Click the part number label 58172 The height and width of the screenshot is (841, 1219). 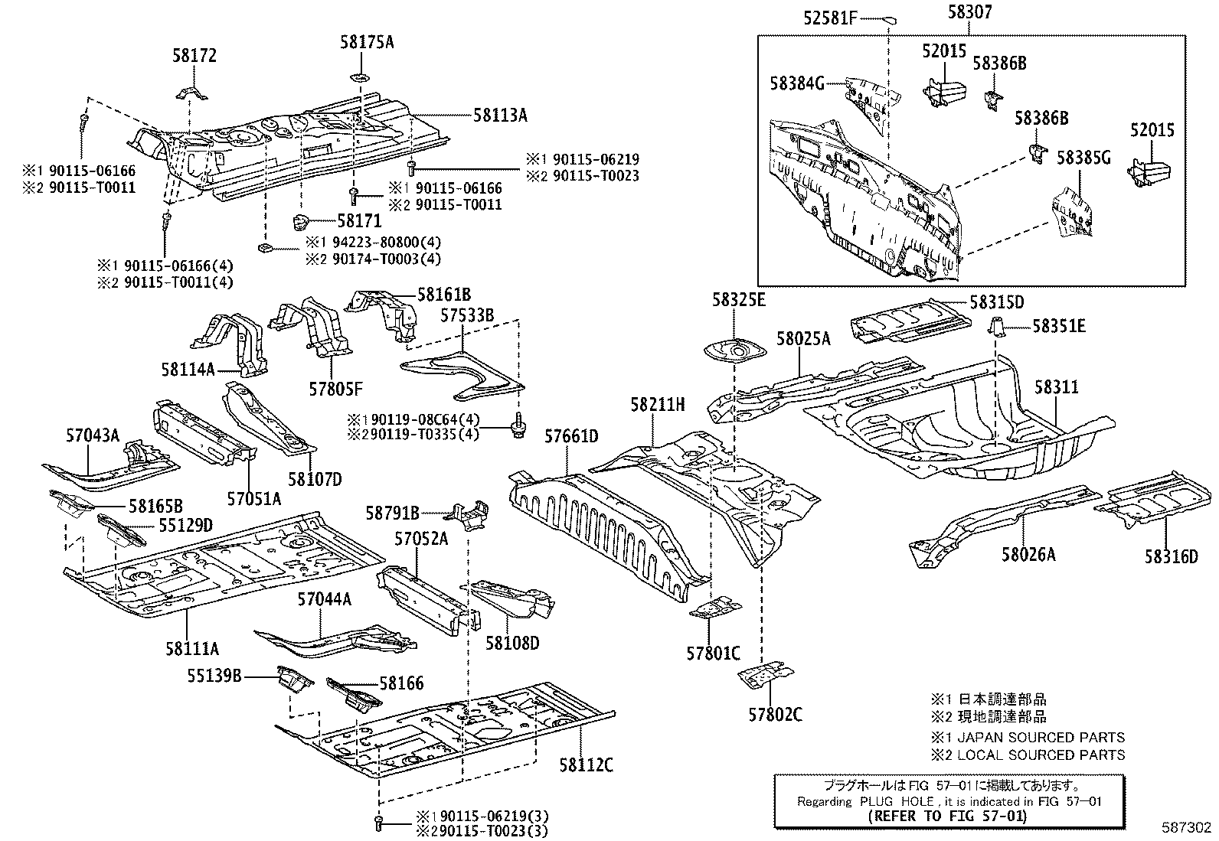[194, 55]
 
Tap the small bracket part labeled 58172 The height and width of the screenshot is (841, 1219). [194, 93]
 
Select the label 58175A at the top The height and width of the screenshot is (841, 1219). [367, 42]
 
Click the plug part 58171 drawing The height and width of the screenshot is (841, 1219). [300, 223]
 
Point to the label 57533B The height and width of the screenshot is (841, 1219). [467, 315]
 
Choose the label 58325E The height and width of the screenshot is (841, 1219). [738, 299]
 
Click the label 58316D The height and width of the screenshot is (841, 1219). [1171, 556]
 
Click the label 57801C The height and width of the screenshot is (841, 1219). [713, 654]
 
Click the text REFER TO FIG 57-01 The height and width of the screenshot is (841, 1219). [949, 816]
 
